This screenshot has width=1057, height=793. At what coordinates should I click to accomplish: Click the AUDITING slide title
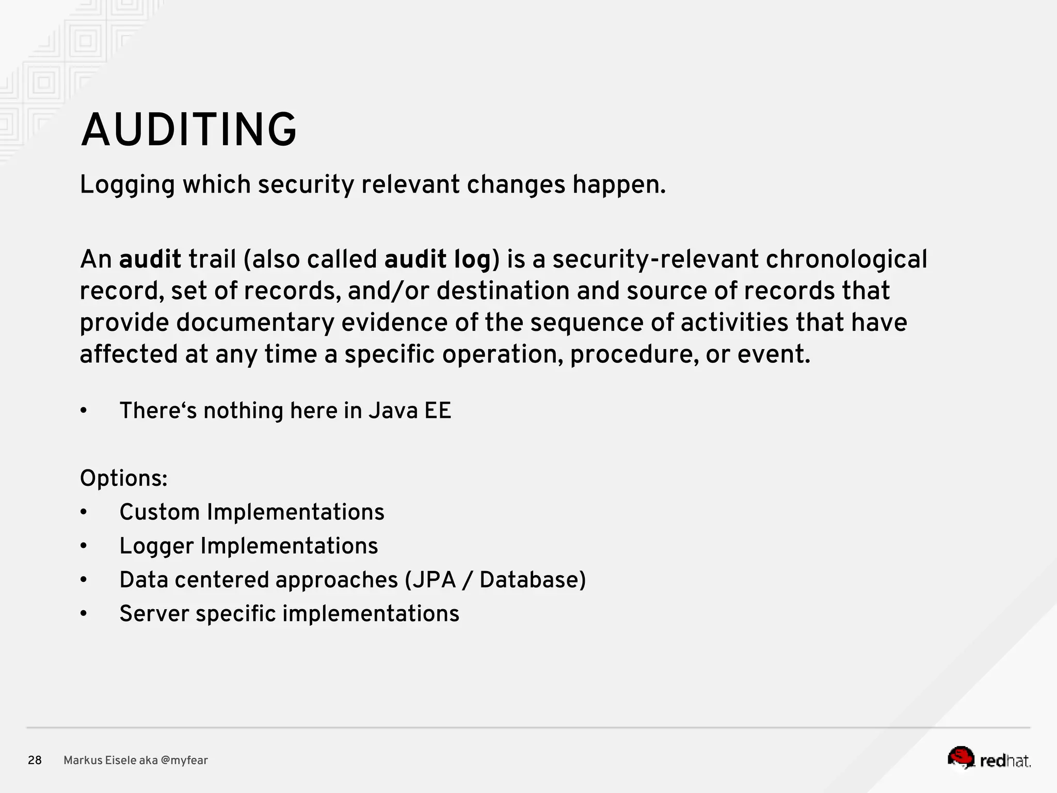coord(188,130)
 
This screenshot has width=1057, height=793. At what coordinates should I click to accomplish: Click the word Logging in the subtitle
coord(127,185)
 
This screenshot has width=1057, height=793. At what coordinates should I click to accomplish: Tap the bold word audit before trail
coord(150,259)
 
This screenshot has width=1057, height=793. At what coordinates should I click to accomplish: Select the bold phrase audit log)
coord(442,259)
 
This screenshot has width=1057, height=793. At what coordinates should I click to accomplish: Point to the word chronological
coord(846,259)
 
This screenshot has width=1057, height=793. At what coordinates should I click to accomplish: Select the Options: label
coord(124,479)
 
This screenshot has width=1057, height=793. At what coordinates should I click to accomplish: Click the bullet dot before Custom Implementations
coord(84,513)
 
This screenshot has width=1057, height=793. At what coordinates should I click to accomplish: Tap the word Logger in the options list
coord(156,546)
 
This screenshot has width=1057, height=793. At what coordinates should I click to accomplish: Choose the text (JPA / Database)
coord(495,580)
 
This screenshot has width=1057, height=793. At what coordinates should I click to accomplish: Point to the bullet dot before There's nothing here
coord(84,411)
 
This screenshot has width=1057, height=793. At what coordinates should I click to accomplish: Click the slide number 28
coord(35,760)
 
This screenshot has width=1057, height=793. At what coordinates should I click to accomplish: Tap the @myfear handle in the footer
coord(184,760)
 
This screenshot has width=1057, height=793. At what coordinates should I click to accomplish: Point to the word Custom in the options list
coord(159,513)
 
